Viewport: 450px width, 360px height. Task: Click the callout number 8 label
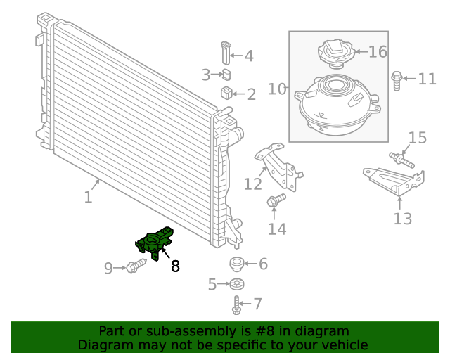click(175, 266)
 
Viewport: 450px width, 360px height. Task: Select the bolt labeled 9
click(136, 266)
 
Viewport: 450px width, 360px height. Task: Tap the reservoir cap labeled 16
click(335, 52)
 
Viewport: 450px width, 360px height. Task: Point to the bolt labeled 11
click(396, 79)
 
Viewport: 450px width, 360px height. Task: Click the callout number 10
click(277, 89)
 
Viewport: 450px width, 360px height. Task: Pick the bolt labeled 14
click(276, 201)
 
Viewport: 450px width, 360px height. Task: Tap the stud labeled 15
click(401, 159)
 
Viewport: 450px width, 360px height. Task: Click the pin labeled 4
click(224, 53)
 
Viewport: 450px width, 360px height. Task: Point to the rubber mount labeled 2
click(227, 94)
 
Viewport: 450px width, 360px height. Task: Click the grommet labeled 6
click(237, 264)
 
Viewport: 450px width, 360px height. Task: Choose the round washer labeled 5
click(236, 284)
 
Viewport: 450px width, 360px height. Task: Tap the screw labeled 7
click(237, 304)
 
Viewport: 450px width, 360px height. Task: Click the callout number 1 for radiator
click(88, 198)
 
